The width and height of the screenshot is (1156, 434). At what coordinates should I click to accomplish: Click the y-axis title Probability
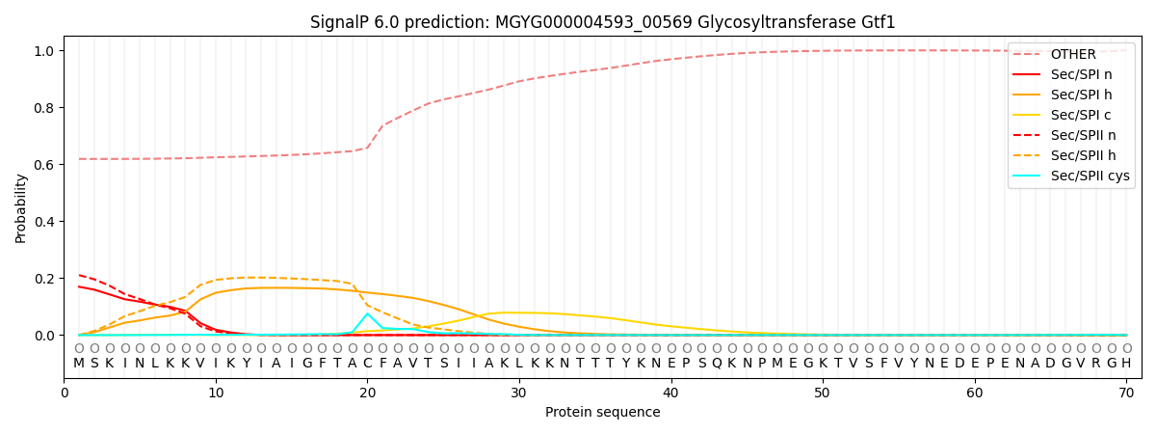pyautogui.click(x=21, y=207)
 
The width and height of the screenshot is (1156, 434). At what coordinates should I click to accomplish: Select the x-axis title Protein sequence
pyautogui.click(x=602, y=413)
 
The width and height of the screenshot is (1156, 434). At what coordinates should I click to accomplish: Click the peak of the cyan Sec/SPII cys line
pyautogui.click(x=367, y=313)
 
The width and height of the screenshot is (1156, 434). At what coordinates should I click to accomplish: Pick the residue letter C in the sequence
pyautogui.click(x=367, y=364)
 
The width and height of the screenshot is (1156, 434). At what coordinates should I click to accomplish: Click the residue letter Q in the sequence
pyautogui.click(x=716, y=364)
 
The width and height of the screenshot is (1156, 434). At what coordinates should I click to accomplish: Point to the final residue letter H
pyautogui.click(x=1126, y=364)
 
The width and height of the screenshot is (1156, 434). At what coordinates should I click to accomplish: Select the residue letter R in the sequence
pyautogui.click(x=1095, y=364)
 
